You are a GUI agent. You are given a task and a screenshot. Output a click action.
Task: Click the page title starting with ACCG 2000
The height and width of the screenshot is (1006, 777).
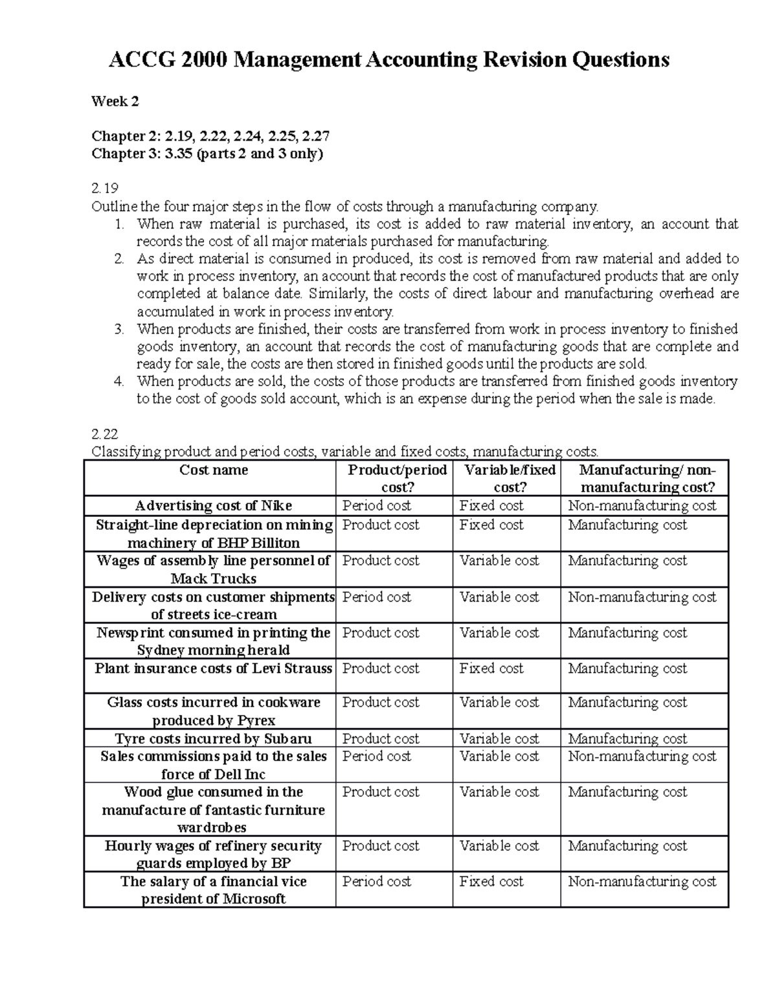[388, 60]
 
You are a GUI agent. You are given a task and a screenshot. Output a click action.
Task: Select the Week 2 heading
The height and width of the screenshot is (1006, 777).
[115, 101]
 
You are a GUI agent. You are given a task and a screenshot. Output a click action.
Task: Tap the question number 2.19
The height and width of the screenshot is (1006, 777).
[105, 189]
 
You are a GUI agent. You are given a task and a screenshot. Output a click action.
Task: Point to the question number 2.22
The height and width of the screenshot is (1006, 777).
[105, 433]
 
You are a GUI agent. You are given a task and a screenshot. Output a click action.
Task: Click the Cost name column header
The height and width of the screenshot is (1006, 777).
[213, 470]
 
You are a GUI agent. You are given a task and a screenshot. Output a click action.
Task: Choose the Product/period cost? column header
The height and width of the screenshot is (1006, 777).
[397, 479]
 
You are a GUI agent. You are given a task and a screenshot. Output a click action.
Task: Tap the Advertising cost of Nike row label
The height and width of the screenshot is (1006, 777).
[213, 506]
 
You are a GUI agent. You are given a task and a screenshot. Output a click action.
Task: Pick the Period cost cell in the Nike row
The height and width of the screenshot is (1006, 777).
[376, 506]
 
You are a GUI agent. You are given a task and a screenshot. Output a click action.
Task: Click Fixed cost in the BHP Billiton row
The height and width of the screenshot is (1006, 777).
[491, 525]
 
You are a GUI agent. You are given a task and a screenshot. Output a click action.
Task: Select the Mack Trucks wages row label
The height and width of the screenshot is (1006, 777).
[213, 569]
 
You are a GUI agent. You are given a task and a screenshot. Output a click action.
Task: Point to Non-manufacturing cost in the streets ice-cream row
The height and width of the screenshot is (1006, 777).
[642, 597]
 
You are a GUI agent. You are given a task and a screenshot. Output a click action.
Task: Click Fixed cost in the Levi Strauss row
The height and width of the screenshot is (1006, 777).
[491, 668]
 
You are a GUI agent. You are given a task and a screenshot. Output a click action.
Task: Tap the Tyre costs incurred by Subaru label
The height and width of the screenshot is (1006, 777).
[213, 738]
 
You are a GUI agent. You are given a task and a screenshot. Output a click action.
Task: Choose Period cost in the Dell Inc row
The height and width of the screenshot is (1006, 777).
[376, 756]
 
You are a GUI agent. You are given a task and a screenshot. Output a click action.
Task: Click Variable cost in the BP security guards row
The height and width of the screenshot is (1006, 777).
[499, 845]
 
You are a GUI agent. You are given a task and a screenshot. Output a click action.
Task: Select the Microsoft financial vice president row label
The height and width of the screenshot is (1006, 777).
[213, 890]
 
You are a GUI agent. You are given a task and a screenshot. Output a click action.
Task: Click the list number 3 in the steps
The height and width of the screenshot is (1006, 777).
[118, 329]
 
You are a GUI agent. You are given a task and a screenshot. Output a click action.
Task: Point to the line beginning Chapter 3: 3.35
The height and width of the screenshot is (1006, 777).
[207, 154]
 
